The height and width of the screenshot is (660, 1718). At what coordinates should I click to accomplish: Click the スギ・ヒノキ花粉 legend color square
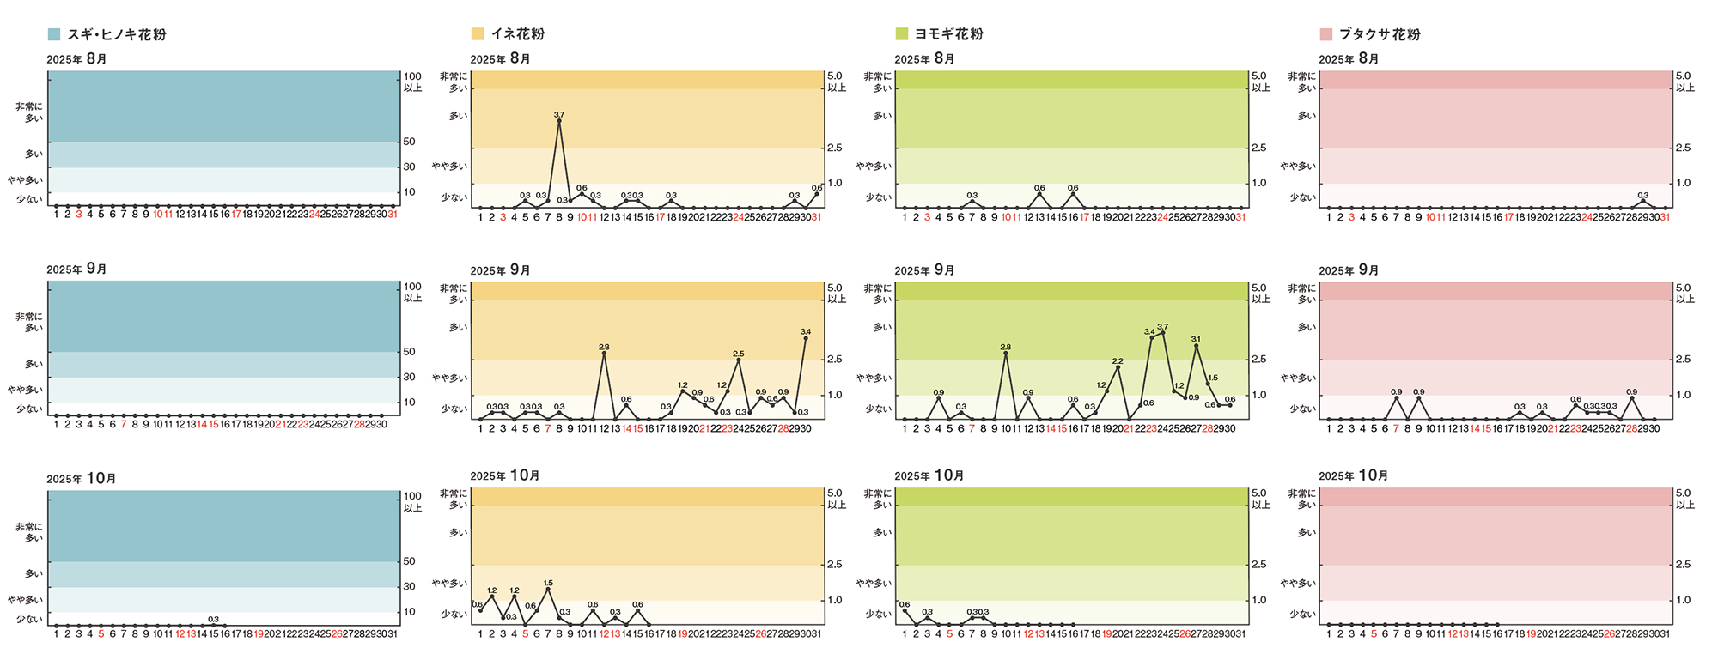tap(54, 34)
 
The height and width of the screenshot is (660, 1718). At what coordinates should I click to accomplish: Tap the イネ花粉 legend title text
tap(517, 34)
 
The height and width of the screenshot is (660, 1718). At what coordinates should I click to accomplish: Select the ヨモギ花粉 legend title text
tap(948, 34)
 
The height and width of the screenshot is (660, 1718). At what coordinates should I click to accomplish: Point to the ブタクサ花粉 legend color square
tap(1325, 34)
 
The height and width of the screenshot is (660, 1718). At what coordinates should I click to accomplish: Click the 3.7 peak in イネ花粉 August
tap(559, 121)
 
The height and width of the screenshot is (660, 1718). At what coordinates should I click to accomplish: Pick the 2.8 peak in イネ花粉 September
tap(604, 354)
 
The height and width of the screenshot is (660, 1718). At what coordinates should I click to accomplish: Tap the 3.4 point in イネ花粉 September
tap(806, 338)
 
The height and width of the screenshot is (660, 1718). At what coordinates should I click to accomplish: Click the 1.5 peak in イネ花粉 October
tap(548, 589)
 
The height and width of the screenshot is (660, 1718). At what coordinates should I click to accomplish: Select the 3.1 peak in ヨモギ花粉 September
tap(1197, 346)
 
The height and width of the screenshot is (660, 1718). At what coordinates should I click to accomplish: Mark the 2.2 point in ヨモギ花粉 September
tap(1118, 367)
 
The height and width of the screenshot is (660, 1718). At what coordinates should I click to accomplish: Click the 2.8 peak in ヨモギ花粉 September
tap(1006, 354)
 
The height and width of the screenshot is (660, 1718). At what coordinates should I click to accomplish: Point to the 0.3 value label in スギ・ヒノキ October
tap(213, 618)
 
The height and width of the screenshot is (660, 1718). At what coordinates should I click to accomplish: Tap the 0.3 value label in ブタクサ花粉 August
tap(1642, 195)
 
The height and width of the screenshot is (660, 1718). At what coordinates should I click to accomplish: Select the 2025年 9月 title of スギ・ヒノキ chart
tap(76, 269)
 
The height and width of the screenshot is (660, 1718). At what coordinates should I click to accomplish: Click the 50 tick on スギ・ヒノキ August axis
tap(410, 142)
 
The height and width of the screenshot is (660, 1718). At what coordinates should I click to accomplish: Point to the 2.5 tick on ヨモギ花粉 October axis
tap(1258, 564)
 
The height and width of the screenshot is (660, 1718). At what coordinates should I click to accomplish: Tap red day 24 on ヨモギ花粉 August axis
tap(1162, 217)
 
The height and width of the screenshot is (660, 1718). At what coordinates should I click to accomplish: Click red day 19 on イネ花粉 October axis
tap(683, 634)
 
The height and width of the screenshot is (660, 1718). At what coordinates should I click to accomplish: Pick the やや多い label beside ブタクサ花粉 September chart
tap(1298, 378)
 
